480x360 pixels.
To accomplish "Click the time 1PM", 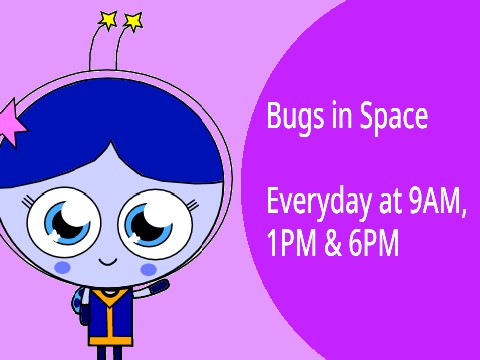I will coord(291,243).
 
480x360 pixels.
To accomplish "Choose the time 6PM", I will coord(375,243).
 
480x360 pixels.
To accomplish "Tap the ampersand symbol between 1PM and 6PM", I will coord(333,243).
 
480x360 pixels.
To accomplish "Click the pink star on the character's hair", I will coord(18,121).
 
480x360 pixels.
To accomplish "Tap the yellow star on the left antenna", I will coord(108,18).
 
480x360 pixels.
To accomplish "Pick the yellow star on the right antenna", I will coord(132,20).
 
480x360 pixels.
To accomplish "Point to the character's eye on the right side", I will coord(153,223).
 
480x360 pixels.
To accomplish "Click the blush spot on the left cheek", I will coord(62,268).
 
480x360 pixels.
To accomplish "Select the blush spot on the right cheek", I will coord(148,269).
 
